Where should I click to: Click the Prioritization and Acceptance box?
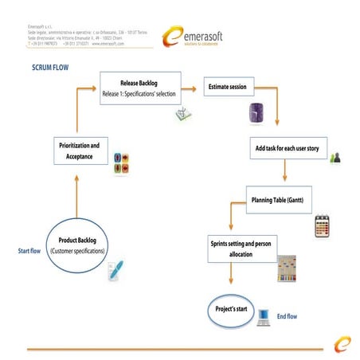[79, 151]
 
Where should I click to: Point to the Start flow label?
[29, 252]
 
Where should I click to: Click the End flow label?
[287, 317]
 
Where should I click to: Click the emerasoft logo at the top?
[195, 36]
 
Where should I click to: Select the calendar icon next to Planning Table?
[322, 224]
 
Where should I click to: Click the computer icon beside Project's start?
[264, 317]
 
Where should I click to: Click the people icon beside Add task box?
[335, 157]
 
